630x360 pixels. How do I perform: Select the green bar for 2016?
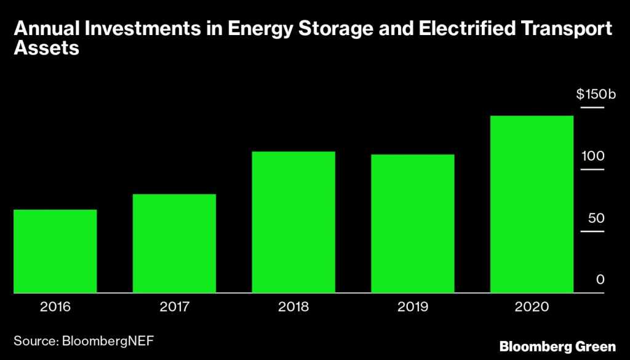(55, 251)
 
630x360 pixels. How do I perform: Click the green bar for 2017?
(175, 244)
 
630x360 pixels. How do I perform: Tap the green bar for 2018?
(294, 222)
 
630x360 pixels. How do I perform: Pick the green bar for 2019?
(413, 224)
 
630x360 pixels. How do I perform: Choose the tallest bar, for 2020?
(532, 204)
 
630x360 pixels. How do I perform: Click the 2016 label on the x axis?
(55, 306)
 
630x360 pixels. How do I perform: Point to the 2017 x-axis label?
(175, 306)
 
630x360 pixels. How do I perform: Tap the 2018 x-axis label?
(294, 306)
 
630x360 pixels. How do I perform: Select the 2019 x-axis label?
(413, 306)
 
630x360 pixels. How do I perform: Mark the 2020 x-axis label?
(532, 306)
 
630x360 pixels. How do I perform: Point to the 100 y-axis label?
(594, 156)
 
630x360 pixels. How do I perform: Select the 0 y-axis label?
(600, 280)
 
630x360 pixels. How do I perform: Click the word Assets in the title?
(47, 49)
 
